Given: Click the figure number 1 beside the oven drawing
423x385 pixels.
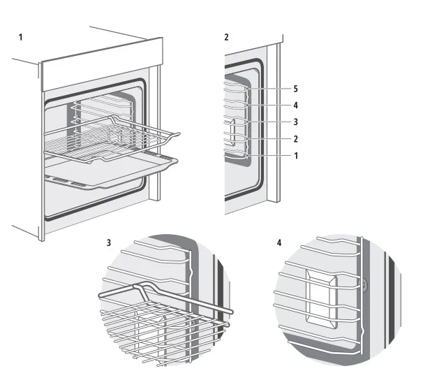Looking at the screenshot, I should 20,36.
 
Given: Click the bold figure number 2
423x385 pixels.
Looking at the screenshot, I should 226,36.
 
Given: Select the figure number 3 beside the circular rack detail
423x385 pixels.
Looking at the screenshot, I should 108,244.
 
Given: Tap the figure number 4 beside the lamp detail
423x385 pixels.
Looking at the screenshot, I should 279,244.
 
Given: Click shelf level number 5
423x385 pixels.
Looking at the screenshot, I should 295,89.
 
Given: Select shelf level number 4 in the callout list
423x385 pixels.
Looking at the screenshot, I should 295,106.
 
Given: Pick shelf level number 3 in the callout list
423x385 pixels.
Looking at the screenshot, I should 295,122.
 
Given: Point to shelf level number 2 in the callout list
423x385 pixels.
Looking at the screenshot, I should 295,138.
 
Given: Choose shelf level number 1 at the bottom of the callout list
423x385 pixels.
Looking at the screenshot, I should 295,155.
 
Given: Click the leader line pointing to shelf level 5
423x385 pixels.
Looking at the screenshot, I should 269,89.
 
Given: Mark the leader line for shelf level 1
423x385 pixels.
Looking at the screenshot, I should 269,155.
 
